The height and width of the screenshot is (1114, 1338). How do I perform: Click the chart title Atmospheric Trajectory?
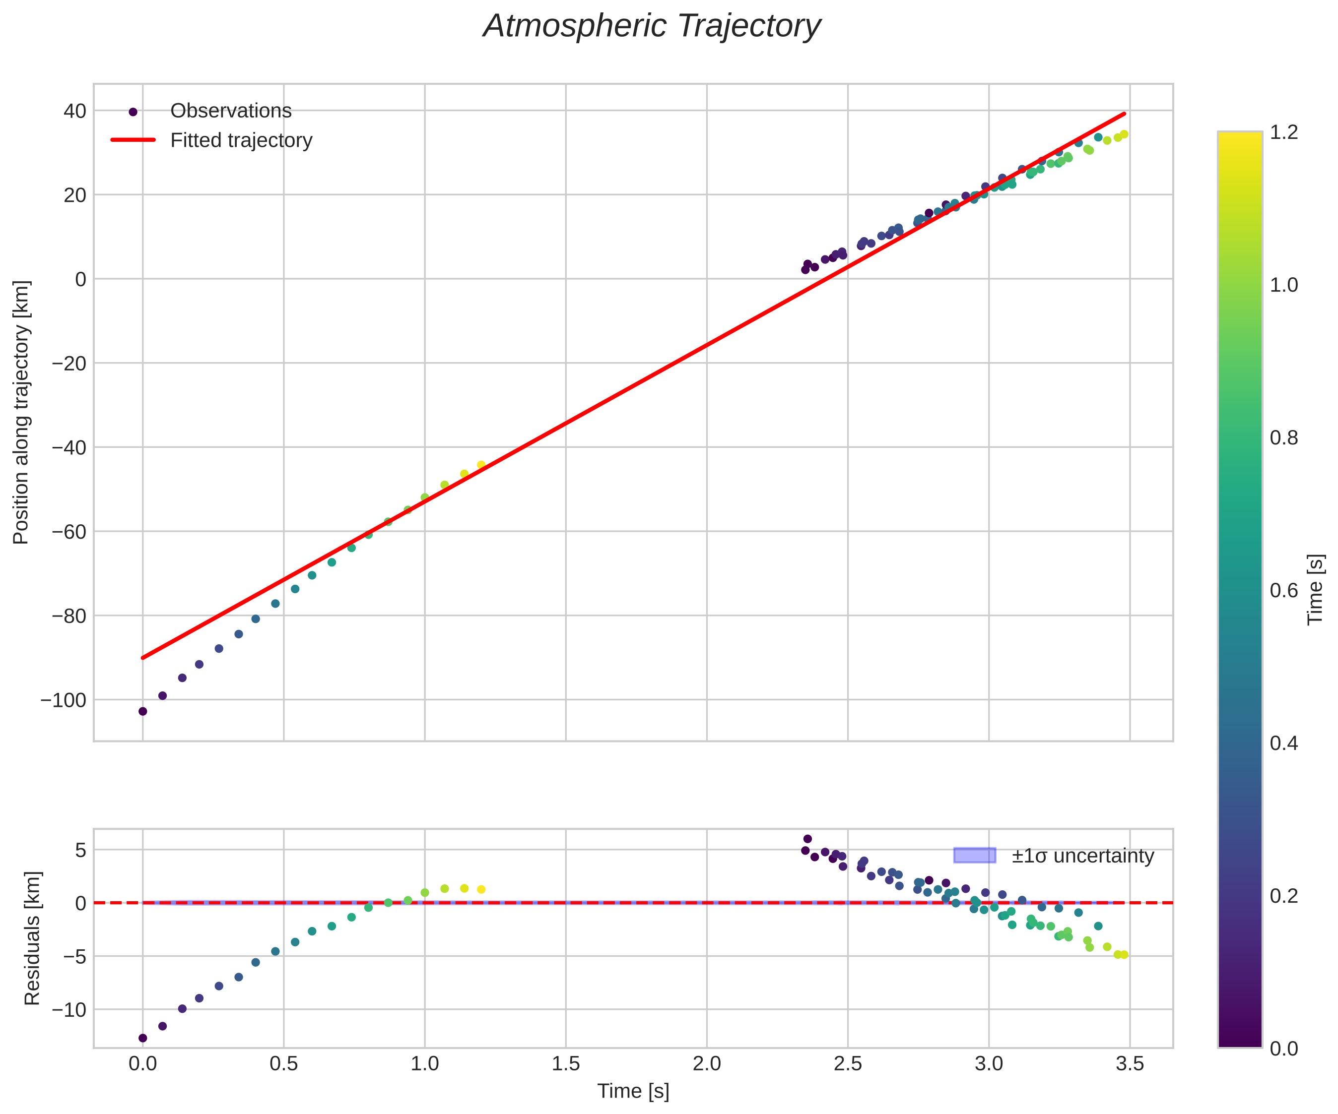tap(652, 27)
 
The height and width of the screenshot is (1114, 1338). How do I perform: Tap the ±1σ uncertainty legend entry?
tap(1082, 856)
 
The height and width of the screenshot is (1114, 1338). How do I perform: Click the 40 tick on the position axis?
tap(74, 111)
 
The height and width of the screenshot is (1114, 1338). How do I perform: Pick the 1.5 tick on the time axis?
tap(566, 1064)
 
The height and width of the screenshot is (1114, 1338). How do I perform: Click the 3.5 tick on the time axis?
tap(1130, 1064)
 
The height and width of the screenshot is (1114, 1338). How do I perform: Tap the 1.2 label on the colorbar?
tap(1284, 132)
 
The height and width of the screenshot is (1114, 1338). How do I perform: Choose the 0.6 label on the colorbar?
tap(1284, 590)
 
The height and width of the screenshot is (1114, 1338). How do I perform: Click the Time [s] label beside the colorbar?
tap(1315, 589)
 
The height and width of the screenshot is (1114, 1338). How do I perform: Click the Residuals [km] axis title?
tap(32, 938)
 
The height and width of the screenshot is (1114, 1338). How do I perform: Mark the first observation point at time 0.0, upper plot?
tap(143, 711)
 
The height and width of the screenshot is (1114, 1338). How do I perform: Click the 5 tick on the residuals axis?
tap(81, 850)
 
